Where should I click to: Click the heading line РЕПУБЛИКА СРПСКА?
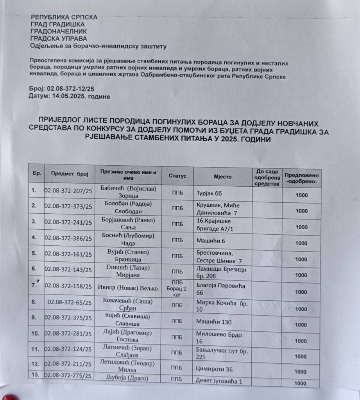coord(64,17)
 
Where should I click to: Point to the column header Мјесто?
coord(222,177)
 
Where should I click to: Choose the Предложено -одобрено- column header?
coord(302,179)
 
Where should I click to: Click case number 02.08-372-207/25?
coord(68,191)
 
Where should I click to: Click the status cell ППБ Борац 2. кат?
coord(177,288)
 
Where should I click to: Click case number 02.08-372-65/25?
coord(70,302)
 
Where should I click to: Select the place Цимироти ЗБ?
coord(215,368)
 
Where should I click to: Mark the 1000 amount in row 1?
coord(301,195)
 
